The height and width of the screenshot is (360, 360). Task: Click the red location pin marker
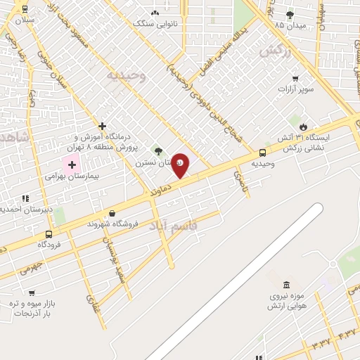pos(181,165)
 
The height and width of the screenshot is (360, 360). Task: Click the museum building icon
pos(286,285)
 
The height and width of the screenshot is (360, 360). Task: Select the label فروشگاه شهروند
pos(112,224)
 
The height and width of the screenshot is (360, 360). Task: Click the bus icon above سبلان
pos(25,9)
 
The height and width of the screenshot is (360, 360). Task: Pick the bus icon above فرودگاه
pos(49,234)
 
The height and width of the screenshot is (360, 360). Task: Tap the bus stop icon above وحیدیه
pos(263,153)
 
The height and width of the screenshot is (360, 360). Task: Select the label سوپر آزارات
pos(296,89)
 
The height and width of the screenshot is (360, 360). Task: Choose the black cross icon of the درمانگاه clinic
pos(103,126)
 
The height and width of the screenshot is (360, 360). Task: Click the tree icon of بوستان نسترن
pos(158,150)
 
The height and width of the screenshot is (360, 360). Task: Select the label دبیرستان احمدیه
pos(15,208)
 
